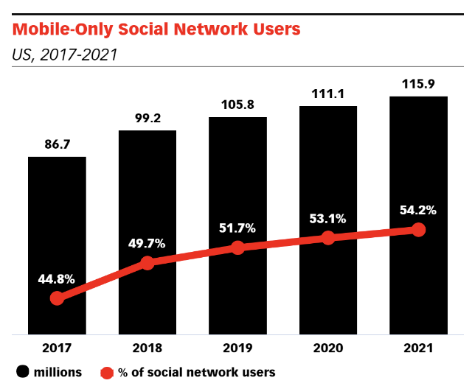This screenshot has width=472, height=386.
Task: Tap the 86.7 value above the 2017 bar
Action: [x=57, y=145]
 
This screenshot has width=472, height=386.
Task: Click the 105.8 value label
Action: [x=237, y=105]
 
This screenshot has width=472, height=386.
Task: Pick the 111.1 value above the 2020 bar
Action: [x=327, y=94]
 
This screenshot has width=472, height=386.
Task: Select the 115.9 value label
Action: [x=418, y=84]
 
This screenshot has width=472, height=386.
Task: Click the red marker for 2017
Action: [x=57, y=298]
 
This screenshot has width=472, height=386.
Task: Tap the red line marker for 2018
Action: [x=147, y=263]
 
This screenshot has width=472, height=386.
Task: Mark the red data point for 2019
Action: [x=237, y=248]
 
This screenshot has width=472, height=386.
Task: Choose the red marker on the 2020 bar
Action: [x=328, y=237]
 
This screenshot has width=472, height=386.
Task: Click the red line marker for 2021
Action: [x=419, y=230]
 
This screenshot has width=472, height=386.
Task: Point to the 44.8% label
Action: [x=57, y=279]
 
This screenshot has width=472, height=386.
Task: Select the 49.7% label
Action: [x=147, y=244]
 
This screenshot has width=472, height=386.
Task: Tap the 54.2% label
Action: [x=418, y=211]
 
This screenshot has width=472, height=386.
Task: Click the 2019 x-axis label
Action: [x=237, y=347]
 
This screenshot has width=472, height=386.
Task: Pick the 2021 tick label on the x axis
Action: [x=418, y=347]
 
